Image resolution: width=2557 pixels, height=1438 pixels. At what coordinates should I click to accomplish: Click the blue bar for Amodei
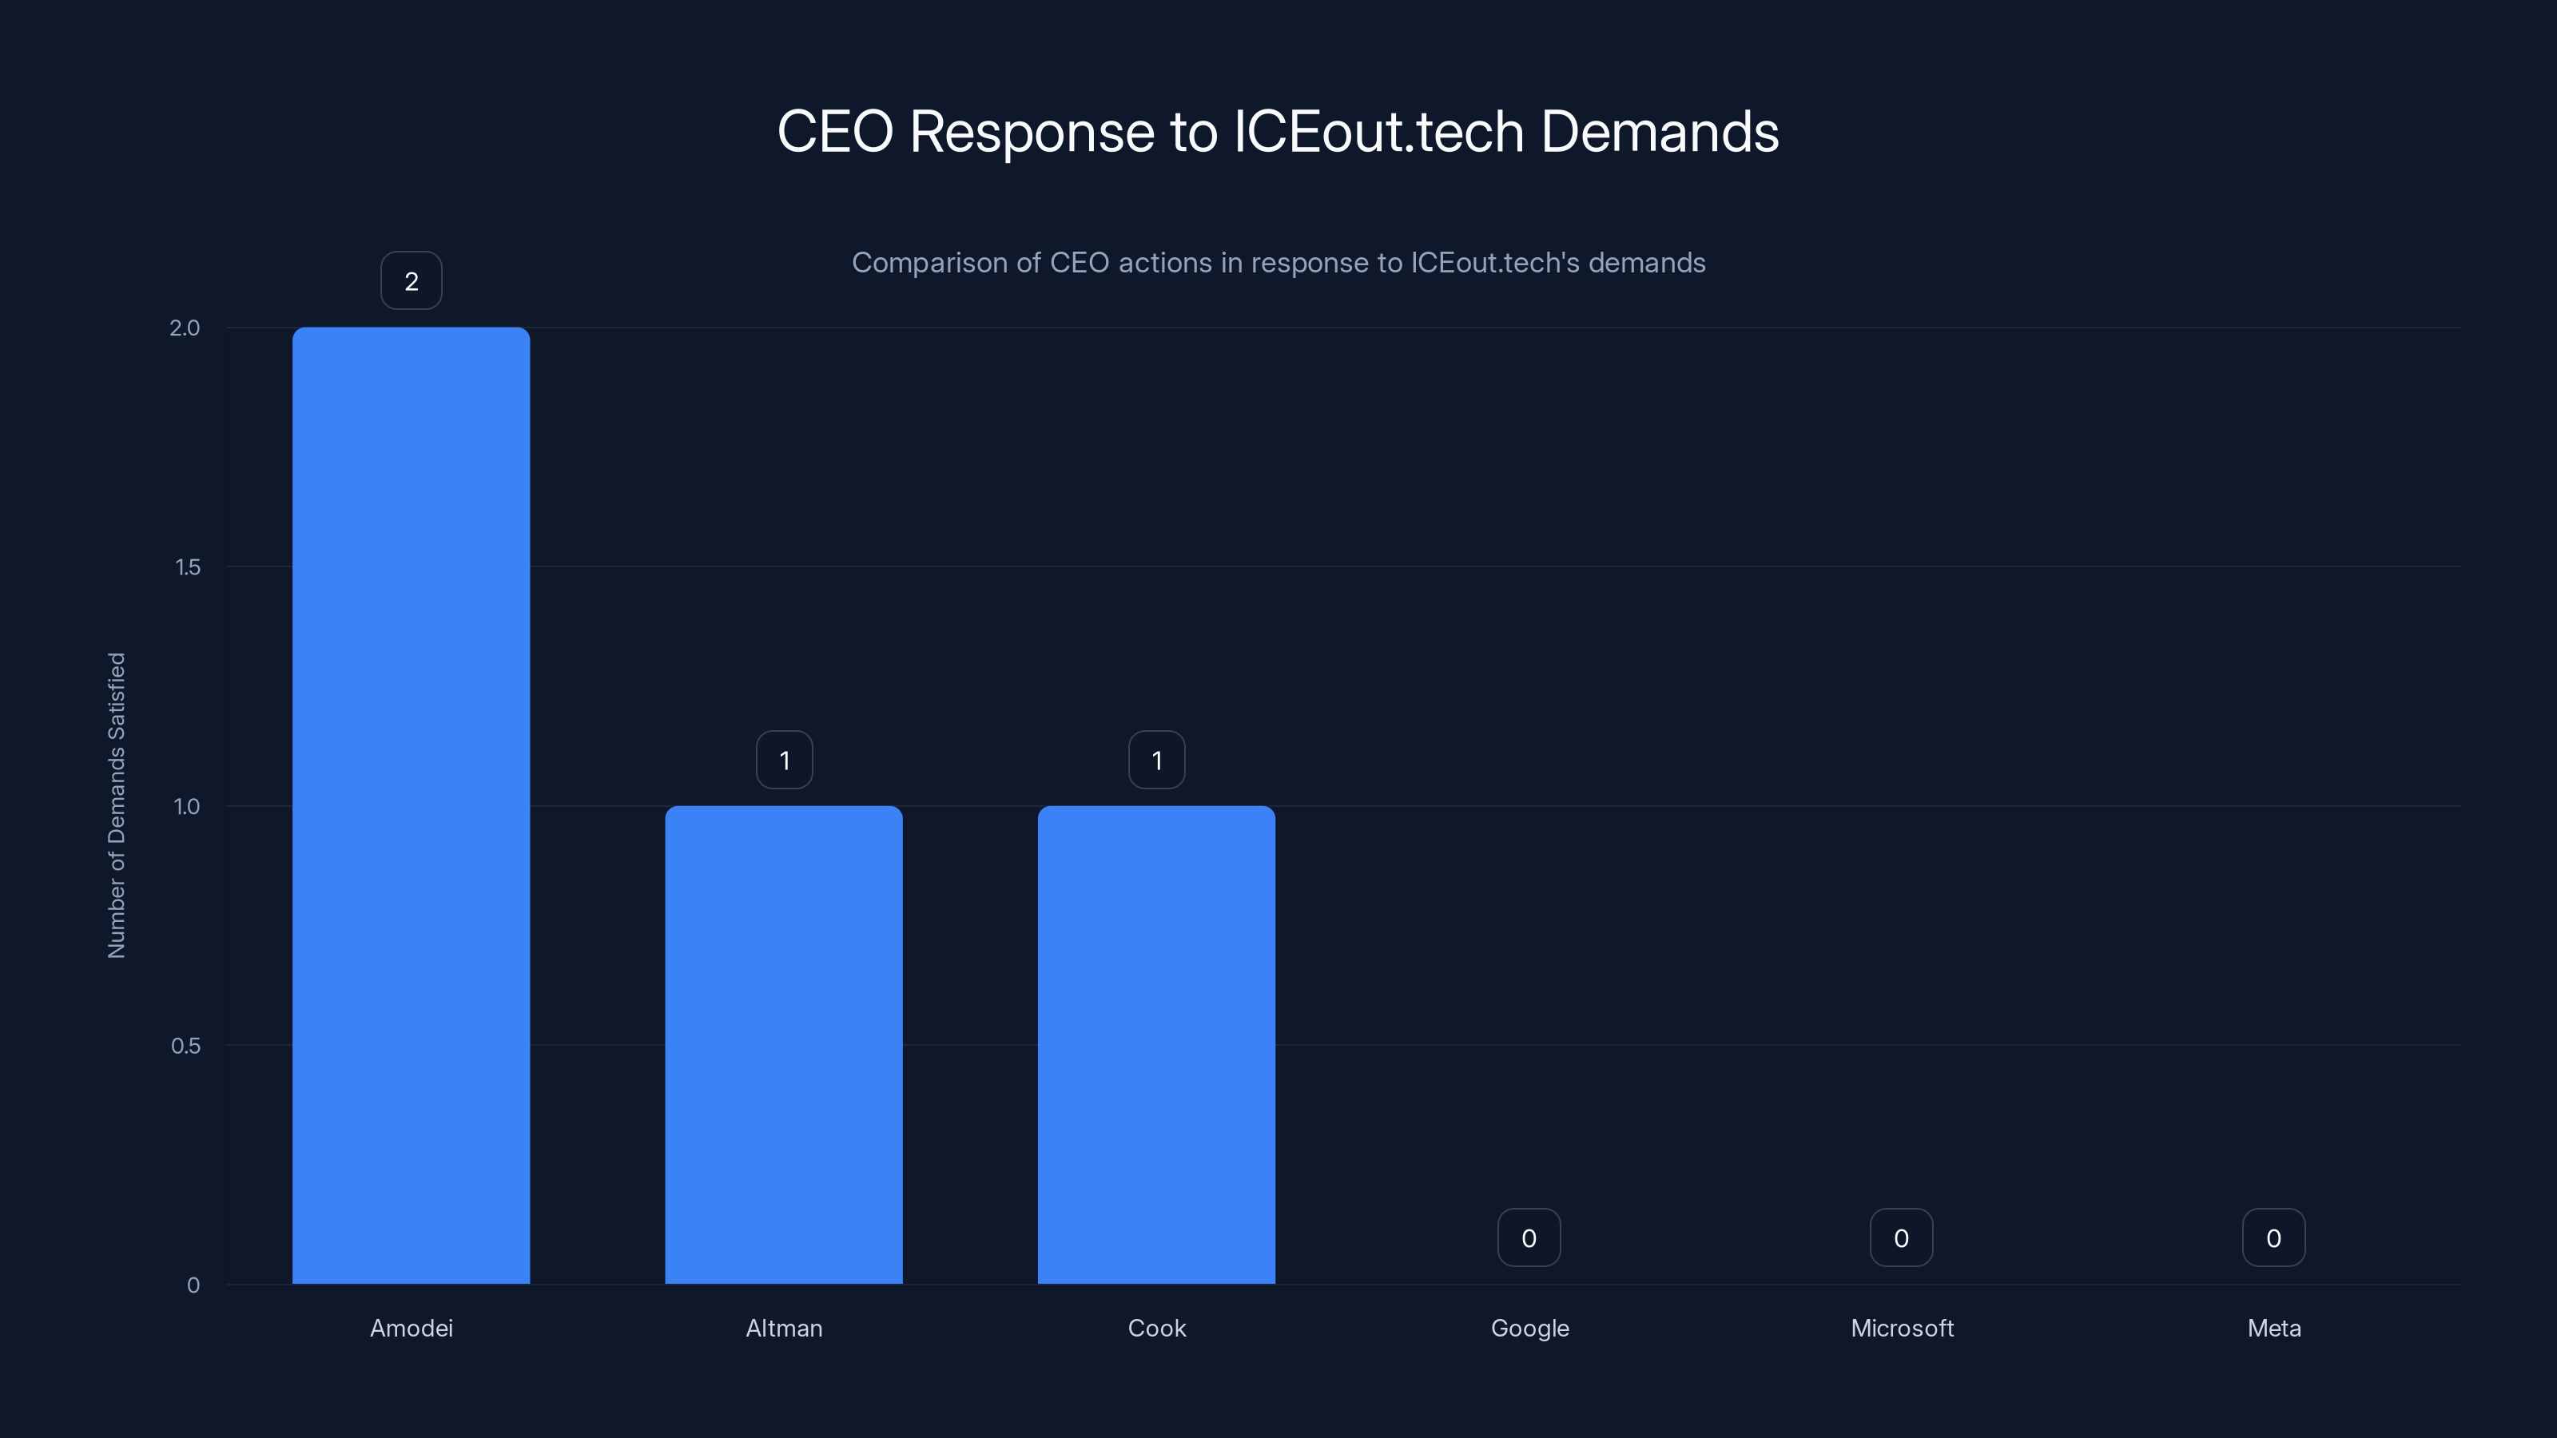(x=411, y=804)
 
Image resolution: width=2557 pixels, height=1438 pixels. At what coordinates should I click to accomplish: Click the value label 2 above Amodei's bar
(x=411, y=281)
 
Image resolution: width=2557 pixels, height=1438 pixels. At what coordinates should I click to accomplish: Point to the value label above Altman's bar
(x=784, y=761)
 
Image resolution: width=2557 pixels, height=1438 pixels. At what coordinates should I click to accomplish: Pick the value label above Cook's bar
(x=1156, y=761)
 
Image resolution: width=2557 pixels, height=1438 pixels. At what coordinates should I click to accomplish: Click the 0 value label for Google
(x=1529, y=1237)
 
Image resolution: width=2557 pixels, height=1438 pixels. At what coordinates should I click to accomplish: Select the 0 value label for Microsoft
(x=1901, y=1237)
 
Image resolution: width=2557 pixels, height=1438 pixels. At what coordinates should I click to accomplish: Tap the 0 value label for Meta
(x=2273, y=1237)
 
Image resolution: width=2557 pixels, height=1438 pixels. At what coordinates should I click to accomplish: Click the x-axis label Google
(x=1529, y=1328)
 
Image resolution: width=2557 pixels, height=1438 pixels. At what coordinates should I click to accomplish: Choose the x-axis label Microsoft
(x=1902, y=1328)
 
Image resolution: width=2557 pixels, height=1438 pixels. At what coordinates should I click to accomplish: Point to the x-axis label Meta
(x=2274, y=1328)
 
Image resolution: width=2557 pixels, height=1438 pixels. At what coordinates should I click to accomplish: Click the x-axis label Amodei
(x=411, y=1328)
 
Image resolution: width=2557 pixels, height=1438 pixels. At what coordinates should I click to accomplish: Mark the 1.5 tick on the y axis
(x=188, y=566)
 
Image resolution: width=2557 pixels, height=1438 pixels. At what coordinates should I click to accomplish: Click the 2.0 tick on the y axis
(x=185, y=328)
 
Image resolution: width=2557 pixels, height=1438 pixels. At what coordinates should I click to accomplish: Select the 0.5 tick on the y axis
(x=185, y=1045)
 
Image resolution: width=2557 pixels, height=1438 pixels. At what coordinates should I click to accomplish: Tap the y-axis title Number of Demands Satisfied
(x=116, y=804)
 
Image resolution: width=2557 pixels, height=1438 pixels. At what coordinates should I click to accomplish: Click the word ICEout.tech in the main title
(x=1378, y=132)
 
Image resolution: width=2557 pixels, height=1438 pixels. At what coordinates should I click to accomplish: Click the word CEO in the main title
(x=835, y=132)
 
